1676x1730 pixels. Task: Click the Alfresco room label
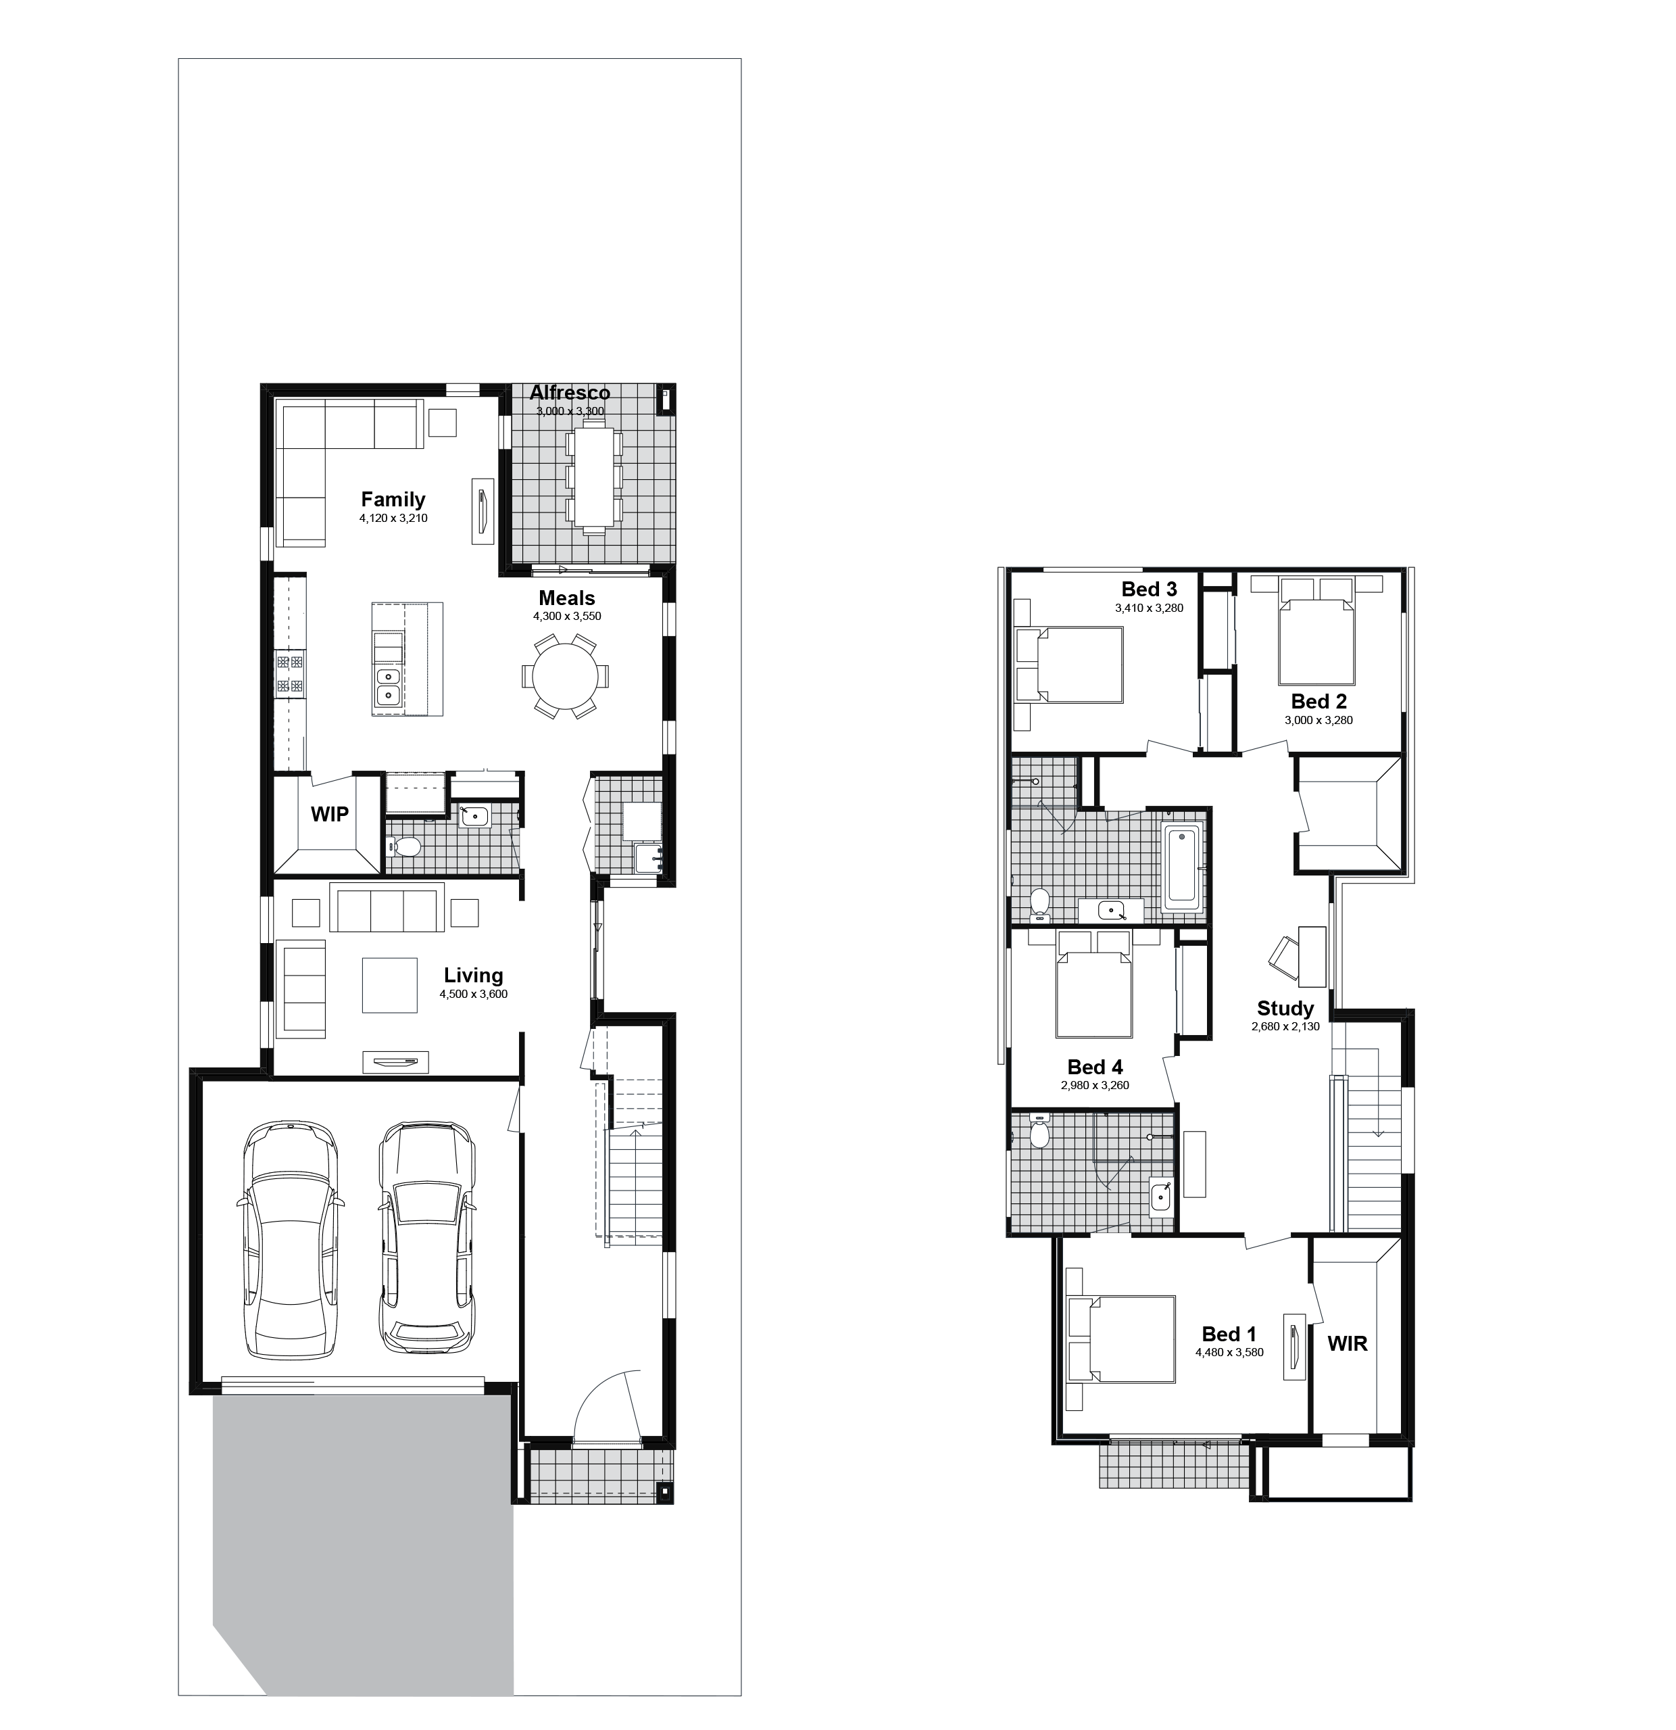coord(569,393)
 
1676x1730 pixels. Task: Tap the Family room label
coord(393,500)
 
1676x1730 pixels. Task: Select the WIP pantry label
coord(329,814)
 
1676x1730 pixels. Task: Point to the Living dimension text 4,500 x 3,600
coord(473,994)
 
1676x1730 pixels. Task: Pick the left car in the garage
coord(289,1239)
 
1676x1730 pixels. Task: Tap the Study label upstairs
coord(1285,1008)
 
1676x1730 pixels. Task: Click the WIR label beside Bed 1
coord(1347,1343)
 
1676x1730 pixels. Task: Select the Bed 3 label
coord(1149,589)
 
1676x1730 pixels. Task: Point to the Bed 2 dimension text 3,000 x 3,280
coord(1318,720)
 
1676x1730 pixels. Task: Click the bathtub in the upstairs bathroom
coord(1182,867)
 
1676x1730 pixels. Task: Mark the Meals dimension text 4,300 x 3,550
coord(566,616)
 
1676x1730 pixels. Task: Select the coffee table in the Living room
coord(389,985)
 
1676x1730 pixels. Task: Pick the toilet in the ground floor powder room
coord(404,847)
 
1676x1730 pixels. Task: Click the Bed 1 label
coord(1229,1334)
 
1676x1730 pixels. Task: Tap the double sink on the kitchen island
coord(387,687)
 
